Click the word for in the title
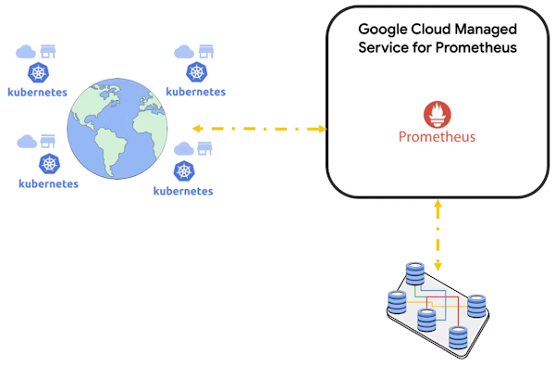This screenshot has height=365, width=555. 425,47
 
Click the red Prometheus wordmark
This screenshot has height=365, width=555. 437,137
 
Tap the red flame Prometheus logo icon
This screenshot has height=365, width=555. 437,114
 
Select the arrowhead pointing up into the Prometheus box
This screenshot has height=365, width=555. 437,202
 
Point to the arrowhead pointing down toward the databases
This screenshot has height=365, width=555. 437,267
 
